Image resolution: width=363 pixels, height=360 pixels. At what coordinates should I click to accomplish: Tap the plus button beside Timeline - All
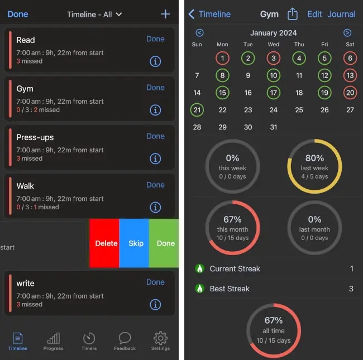[165, 14]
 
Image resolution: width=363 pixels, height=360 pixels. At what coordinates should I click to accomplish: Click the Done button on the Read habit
[155, 39]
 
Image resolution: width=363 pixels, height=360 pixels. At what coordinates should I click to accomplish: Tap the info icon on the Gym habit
[155, 110]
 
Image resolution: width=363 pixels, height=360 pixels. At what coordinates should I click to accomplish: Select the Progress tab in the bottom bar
[53, 340]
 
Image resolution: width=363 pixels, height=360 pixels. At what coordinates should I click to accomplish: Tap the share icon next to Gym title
[293, 14]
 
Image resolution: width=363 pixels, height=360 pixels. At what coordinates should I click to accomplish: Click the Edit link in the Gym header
[314, 15]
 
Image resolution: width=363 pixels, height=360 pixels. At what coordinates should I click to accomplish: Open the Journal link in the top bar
[341, 15]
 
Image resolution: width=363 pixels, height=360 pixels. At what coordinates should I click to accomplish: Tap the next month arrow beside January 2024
[347, 33]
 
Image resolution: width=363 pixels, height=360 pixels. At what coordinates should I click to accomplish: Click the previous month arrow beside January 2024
[200, 33]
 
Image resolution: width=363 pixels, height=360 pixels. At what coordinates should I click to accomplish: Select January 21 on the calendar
[197, 110]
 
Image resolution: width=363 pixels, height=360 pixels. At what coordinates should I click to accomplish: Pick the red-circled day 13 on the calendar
[350, 75]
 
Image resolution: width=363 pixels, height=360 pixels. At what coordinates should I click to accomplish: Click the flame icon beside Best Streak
[200, 289]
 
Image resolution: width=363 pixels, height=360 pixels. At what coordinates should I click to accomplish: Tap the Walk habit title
[25, 186]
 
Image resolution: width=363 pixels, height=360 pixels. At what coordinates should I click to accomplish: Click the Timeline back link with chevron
[210, 15]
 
